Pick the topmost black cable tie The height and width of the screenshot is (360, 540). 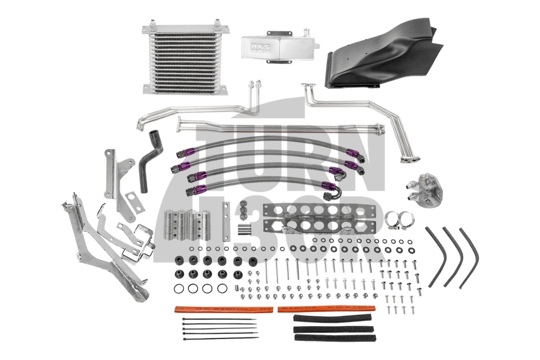(218, 319)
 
